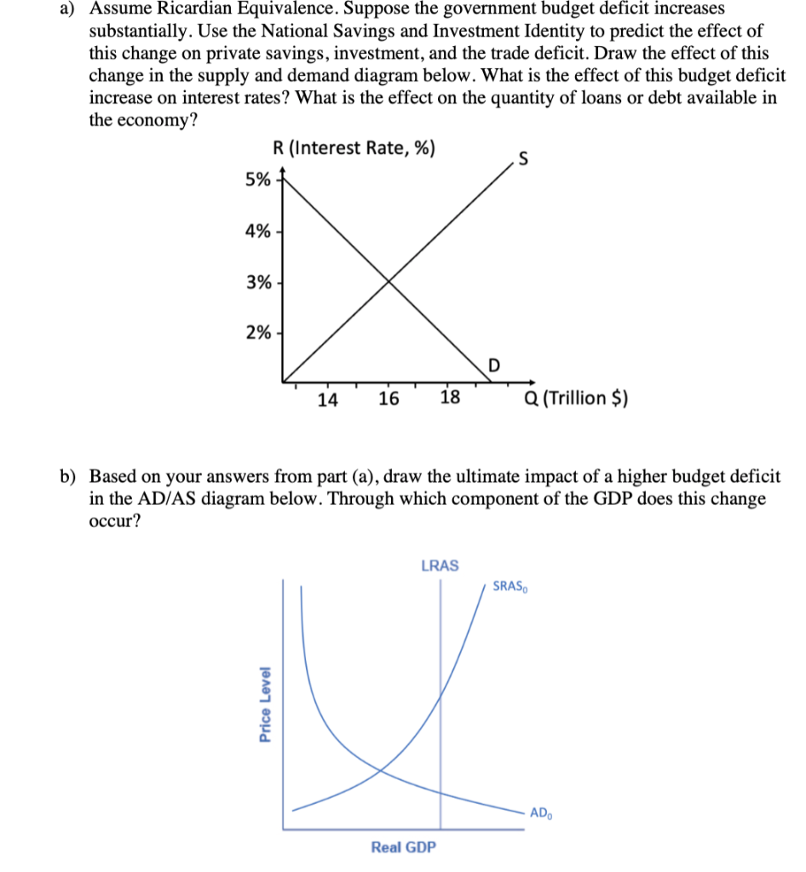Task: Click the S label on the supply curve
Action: (x=522, y=156)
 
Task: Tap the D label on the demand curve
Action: (x=493, y=367)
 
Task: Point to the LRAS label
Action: (x=440, y=565)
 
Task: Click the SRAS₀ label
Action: (x=511, y=587)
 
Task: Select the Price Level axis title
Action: (x=266, y=703)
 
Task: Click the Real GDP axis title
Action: (x=404, y=847)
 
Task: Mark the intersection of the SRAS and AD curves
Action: (x=380, y=771)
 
